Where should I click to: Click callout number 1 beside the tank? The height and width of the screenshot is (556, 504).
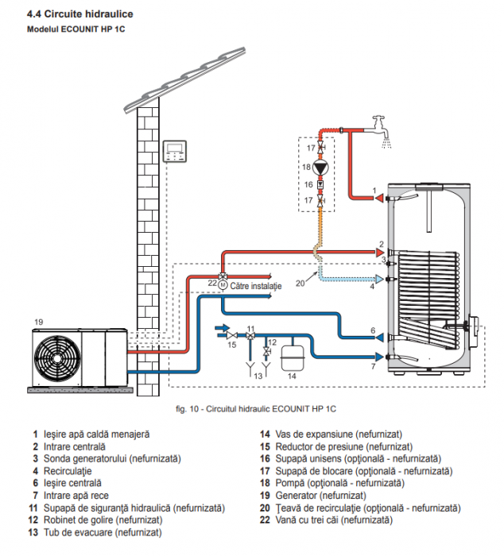click(x=374, y=191)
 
